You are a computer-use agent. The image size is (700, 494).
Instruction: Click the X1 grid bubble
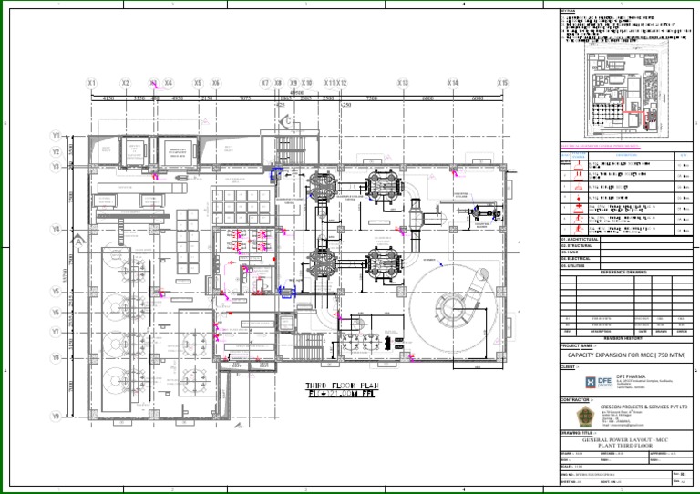click(92, 83)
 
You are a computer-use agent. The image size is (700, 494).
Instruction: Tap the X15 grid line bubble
click(502, 83)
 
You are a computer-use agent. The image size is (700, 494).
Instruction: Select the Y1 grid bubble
click(56, 136)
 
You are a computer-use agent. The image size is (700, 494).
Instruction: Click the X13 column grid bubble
click(403, 83)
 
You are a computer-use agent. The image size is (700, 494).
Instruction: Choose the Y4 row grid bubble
click(56, 229)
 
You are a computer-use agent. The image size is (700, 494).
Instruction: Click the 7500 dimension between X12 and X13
click(372, 98)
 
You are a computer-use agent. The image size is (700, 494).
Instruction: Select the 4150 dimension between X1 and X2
click(108, 98)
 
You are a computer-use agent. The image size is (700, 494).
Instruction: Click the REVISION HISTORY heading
click(624, 335)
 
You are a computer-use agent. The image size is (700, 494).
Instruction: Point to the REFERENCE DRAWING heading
click(624, 273)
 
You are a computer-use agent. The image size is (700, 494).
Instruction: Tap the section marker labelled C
click(286, 120)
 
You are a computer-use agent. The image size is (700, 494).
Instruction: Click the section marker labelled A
click(81, 239)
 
